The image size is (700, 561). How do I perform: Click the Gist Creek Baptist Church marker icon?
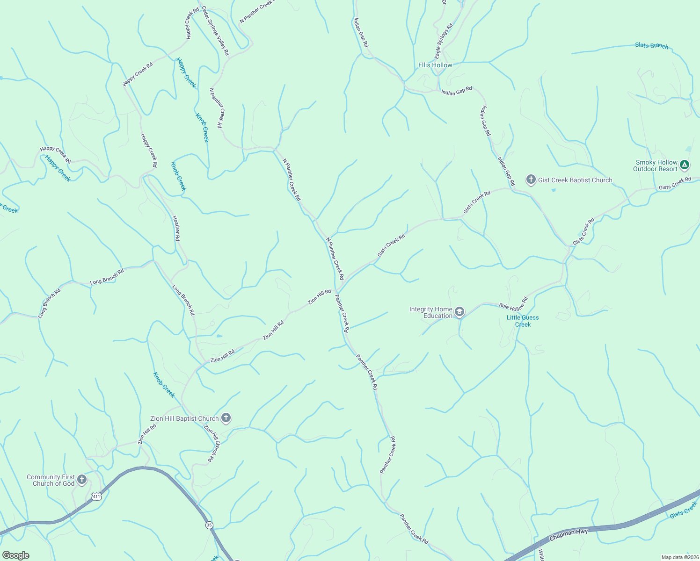[x=531, y=180]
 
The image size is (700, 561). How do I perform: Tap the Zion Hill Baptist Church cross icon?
[x=226, y=418]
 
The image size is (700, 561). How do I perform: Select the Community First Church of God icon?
[x=82, y=480]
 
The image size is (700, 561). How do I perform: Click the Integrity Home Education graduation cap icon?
[x=459, y=312]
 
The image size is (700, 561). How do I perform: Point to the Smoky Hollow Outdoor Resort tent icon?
[x=685, y=165]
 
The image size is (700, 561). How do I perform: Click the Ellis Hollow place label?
[x=435, y=65]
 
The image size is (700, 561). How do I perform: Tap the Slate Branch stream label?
[x=651, y=45]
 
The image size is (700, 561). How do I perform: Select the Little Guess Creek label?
[x=523, y=321]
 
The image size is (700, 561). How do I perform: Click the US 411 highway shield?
[x=96, y=496]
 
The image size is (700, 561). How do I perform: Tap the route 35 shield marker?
[x=209, y=525]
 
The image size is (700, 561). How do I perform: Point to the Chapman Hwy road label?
[x=568, y=535]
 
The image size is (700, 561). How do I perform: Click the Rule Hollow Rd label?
[x=513, y=304]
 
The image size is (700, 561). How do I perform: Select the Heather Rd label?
[x=176, y=228]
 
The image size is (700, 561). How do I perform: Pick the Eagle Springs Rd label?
[x=444, y=41]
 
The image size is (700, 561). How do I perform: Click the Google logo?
[x=15, y=555]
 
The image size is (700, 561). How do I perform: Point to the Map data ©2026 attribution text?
[x=679, y=557]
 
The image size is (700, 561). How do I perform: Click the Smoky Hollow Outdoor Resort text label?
[x=655, y=165]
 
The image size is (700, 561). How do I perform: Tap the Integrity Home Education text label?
[x=431, y=312]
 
